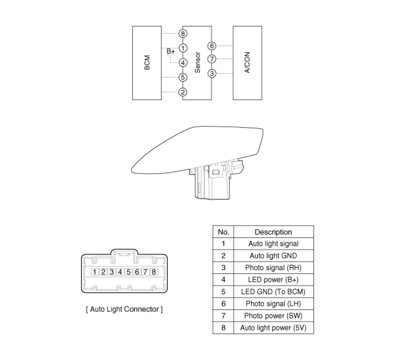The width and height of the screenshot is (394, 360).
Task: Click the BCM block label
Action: pos(147,63)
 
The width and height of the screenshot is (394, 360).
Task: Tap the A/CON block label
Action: pos(247,63)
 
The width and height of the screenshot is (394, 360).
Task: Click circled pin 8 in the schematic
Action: pos(183,34)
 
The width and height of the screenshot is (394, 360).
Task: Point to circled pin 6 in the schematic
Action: pos(212,46)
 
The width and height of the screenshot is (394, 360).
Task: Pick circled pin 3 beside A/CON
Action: pos(212,73)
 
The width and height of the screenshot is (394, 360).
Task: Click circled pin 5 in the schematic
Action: pos(183,78)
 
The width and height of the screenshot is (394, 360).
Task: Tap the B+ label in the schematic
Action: pos(171,51)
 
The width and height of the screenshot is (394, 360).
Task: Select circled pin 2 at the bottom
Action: pos(183,92)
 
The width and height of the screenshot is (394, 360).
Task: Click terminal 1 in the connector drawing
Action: pos(95,272)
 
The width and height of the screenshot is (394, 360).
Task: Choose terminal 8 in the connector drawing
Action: pos(153,272)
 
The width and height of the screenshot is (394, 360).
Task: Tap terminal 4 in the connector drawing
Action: pos(120,272)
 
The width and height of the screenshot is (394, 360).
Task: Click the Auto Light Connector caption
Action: pos(124,309)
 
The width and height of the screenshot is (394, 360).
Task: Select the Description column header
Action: pos(273,232)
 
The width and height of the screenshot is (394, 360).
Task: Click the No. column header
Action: pos(223,232)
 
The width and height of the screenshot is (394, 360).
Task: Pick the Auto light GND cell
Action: pos(273,256)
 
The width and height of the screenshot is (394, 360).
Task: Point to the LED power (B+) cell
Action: pos(273,280)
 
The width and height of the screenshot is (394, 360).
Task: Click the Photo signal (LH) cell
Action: pos(273,304)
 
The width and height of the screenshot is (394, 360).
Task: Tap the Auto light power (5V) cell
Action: pos(273,328)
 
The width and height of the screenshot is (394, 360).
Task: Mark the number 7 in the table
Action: pos(223,316)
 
